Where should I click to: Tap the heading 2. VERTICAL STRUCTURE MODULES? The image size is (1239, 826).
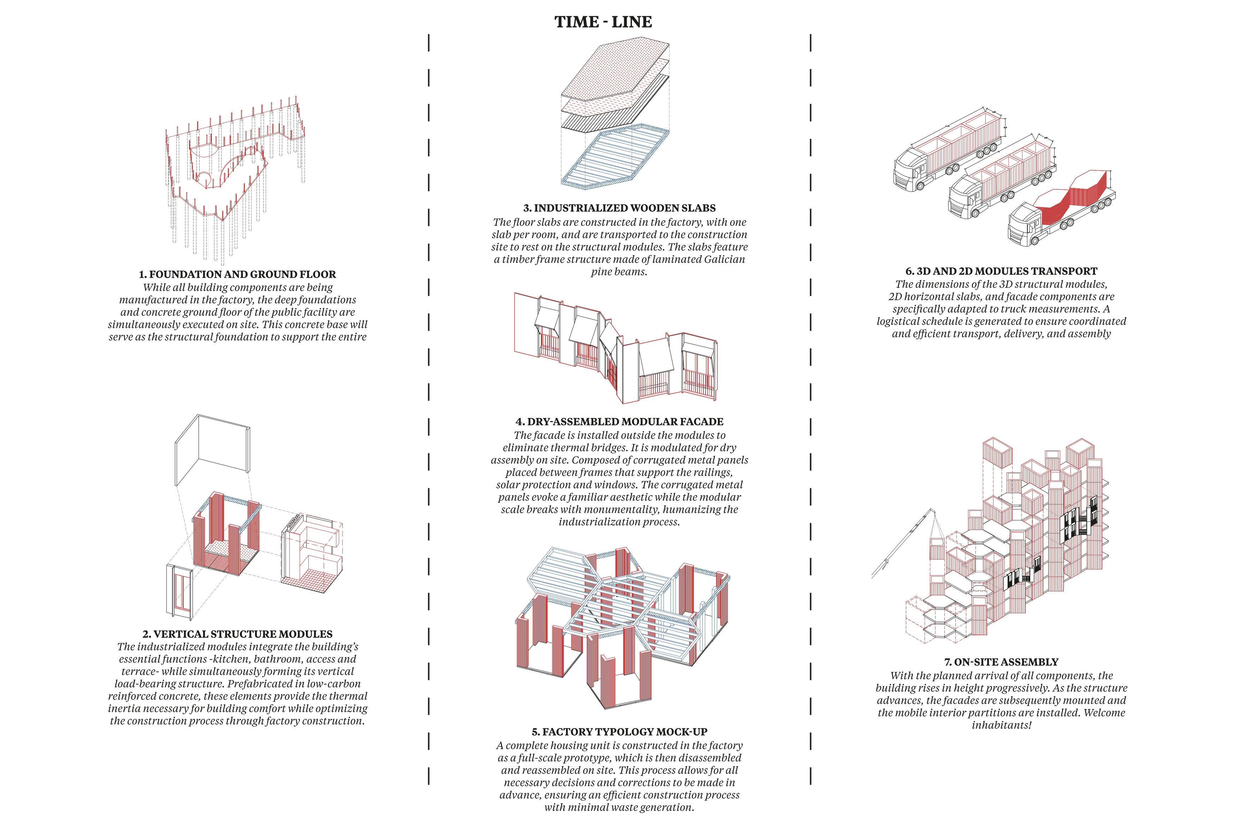click(x=237, y=634)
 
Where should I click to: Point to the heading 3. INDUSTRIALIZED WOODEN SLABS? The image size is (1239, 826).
click(x=620, y=208)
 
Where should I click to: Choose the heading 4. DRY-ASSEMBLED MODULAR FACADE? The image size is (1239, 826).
click(x=620, y=421)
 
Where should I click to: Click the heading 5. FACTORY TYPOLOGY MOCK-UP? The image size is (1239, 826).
click(x=620, y=732)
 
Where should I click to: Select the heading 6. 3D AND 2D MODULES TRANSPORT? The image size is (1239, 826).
click(x=1002, y=271)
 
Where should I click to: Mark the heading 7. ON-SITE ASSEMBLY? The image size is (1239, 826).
click(x=1002, y=662)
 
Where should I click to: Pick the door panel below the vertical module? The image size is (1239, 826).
click(x=179, y=590)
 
